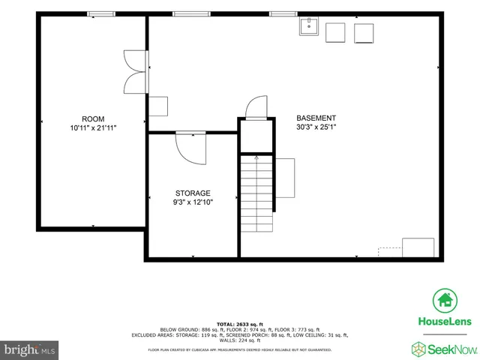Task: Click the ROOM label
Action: tap(93, 118)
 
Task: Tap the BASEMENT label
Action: tap(316, 118)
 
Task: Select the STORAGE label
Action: tap(193, 193)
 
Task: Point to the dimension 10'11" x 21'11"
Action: tap(93, 128)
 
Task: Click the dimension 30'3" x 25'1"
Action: tap(316, 127)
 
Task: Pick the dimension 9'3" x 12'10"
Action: tap(193, 202)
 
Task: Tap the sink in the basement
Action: tap(308, 28)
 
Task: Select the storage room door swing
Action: tap(190, 147)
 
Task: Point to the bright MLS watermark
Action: tap(30, 349)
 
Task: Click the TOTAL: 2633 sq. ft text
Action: tap(240, 323)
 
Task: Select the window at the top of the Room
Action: tap(100, 13)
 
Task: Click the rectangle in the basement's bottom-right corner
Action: tap(418, 247)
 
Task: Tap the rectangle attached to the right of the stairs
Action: tap(285, 178)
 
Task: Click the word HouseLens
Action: tap(444, 321)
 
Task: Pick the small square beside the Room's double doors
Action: tap(158, 106)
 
